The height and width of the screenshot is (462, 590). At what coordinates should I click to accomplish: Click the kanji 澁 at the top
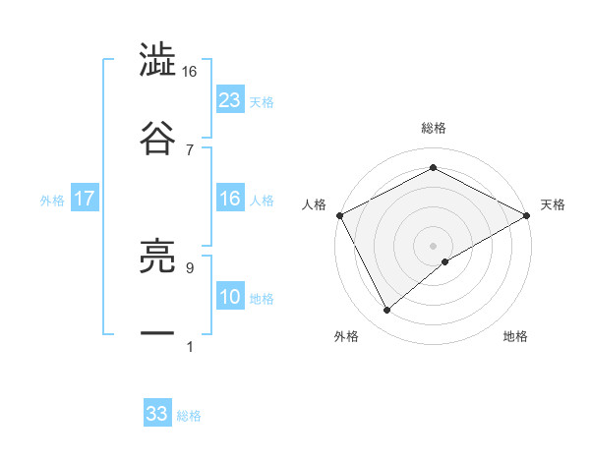tap(157, 62)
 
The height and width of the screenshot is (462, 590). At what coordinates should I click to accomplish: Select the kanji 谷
tap(157, 137)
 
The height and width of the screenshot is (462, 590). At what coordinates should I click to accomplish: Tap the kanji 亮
tap(157, 259)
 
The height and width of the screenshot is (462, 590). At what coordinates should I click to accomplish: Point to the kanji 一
tap(157, 333)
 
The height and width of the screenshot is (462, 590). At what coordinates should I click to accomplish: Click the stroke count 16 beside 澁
tap(189, 72)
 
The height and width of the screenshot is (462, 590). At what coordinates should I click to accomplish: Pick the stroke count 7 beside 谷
tap(189, 148)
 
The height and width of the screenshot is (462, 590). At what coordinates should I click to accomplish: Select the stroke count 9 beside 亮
tap(189, 267)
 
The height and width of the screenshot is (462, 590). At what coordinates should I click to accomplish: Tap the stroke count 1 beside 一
tap(189, 346)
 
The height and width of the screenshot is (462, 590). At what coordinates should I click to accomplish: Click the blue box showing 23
tap(230, 99)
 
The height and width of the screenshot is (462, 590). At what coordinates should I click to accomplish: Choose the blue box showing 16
tap(230, 199)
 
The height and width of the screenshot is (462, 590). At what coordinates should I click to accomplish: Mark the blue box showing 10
tap(230, 297)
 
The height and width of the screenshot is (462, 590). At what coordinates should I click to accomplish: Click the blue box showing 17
tap(85, 199)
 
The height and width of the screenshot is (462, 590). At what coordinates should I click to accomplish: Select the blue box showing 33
tap(157, 414)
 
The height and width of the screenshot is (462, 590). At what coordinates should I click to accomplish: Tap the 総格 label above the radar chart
tap(434, 129)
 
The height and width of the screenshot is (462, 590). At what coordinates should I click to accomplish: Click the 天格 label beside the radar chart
tap(553, 204)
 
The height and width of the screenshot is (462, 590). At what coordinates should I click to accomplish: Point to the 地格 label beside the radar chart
tap(515, 336)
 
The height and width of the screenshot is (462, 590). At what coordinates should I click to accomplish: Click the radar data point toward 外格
tap(386, 311)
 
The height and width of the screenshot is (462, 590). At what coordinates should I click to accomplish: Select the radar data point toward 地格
tap(445, 261)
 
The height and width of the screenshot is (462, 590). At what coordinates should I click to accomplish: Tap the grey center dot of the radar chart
tap(434, 245)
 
